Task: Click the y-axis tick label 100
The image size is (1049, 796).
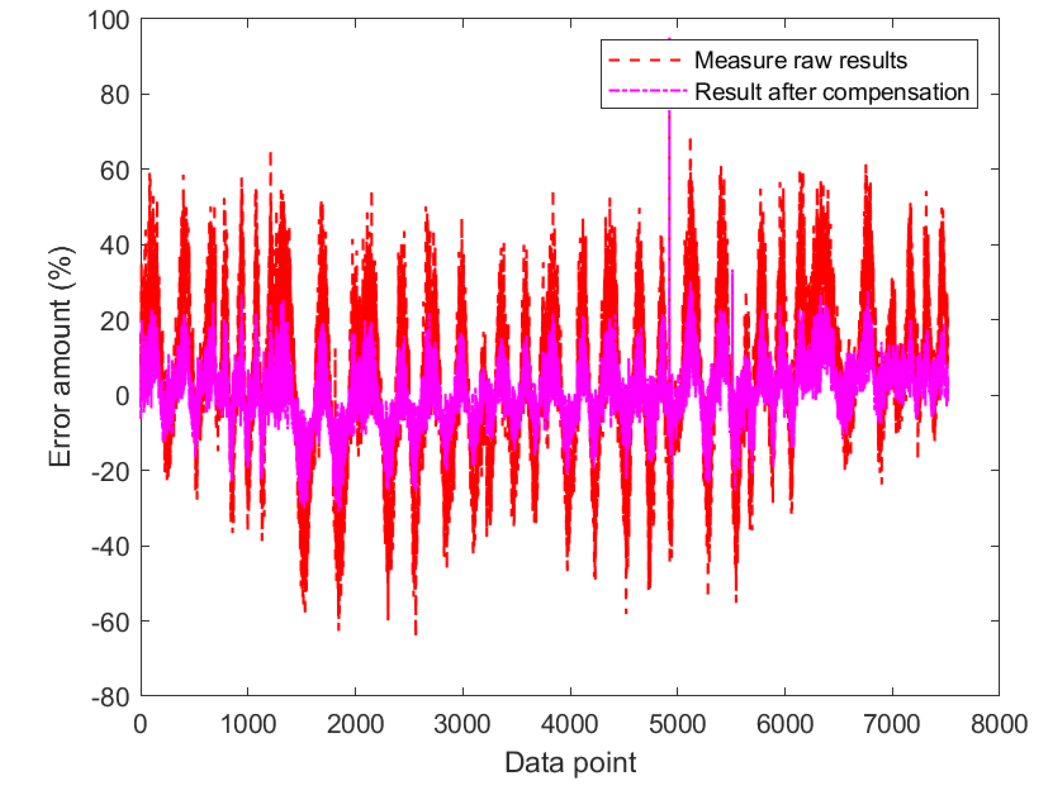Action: (108, 21)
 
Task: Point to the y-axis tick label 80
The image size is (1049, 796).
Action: (114, 95)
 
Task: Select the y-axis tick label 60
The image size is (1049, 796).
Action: (114, 171)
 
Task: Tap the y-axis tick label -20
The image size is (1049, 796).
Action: (110, 472)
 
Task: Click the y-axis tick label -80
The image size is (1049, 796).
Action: (110, 697)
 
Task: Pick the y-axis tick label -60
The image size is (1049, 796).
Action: (110, 622)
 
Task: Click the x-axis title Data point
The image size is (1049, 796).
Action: (570, 763)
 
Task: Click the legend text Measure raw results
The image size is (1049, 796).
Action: (801, 61)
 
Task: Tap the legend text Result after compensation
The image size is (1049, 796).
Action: (832, 92)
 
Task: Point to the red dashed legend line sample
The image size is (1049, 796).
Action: (645, 61)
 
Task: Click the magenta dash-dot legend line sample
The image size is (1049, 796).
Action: (647, 91)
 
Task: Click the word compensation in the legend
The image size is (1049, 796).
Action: (896, 92)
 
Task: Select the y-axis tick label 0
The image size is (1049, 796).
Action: (122, 396)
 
